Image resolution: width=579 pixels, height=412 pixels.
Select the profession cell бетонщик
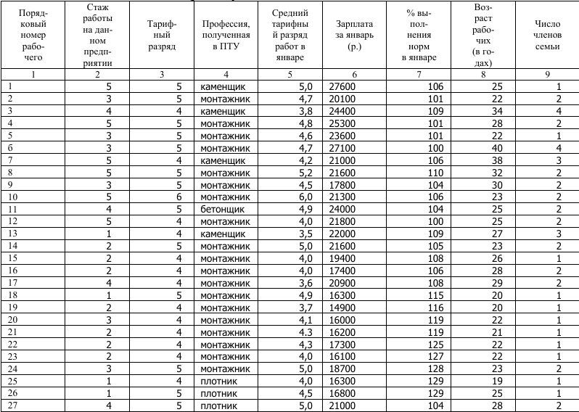(x=222, y=210)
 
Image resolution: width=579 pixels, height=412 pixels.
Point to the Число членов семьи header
(x=546, y=34)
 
